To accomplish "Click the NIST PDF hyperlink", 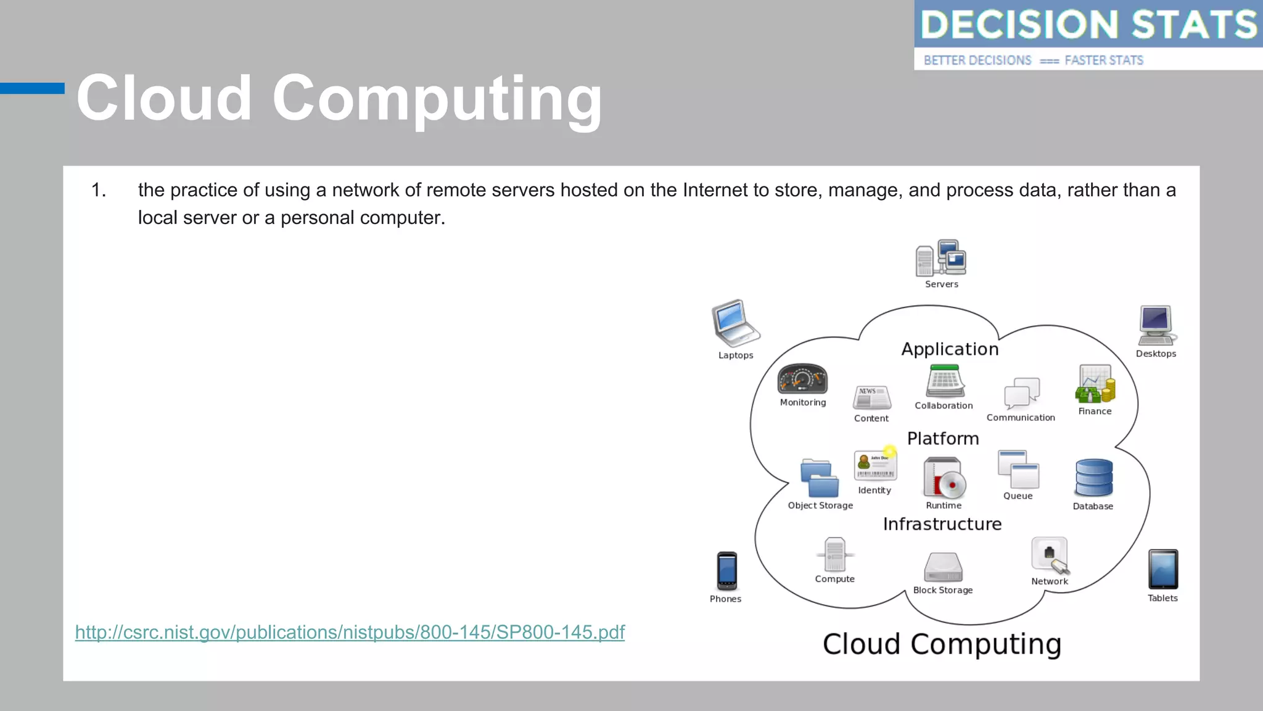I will pos(350,632).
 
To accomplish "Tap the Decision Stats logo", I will pos(1088,35).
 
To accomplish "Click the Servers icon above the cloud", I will pos(940,259).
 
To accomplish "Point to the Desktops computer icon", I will pos(1156,325).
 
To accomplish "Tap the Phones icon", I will pos(726,571).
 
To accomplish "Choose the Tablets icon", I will pos(1162,569).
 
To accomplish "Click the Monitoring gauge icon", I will pos(802,379).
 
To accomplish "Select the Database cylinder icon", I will pos(1093,478).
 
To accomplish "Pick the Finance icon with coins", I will pos(1095,385).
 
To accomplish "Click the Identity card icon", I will pos(875,465).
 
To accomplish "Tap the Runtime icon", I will pos(944,478).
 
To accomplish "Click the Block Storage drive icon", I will pos(943,567).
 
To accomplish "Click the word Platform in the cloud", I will pos(943,438).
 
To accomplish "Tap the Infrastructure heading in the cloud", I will pos(942,524).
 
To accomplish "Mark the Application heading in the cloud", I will pos(950,349).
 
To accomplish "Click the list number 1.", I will pos(99,190).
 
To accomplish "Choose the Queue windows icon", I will pos(1018,470).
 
